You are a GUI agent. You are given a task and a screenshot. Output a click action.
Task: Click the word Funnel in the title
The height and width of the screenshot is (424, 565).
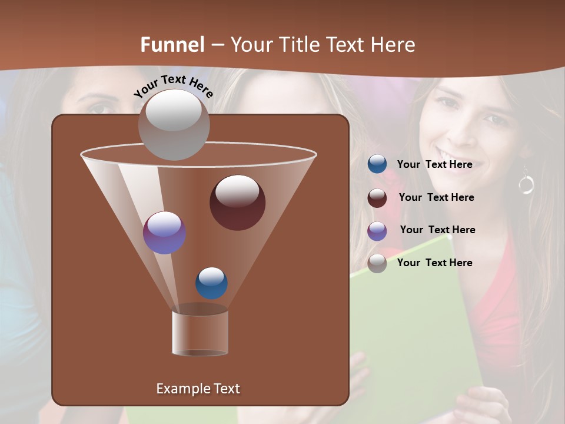tap(172, 44)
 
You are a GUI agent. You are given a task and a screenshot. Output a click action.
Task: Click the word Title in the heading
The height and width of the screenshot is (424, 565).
tap(298, 44)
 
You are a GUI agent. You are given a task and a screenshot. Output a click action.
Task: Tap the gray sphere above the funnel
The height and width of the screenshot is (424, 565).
tap(174, 125)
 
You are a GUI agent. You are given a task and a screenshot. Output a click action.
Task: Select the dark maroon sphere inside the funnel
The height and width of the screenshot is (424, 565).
tap(237, 202)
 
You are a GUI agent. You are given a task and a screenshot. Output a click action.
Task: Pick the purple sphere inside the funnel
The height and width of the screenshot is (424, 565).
tap(164, 233)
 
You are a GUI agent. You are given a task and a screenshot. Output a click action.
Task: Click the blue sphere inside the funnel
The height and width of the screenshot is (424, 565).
tap(211, 283)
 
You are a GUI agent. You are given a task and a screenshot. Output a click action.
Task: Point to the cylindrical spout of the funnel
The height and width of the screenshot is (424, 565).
tap(200, 333)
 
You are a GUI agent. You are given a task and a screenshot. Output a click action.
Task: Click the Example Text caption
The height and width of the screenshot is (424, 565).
tap(198, 389)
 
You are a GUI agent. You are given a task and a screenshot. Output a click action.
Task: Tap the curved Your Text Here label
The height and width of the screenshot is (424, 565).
tap(174, 86)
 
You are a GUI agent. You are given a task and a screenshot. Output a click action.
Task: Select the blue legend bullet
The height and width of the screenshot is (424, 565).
tap(377, 164)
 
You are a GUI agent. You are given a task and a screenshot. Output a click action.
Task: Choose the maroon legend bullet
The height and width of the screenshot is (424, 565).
tap(377, 198)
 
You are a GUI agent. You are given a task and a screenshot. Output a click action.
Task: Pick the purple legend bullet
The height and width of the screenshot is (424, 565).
tap(377, 231)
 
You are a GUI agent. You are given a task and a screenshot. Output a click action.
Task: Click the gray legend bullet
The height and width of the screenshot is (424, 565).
tap(377, 263)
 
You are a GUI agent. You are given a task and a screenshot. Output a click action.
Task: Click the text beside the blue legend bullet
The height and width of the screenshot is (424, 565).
tap(434, 164)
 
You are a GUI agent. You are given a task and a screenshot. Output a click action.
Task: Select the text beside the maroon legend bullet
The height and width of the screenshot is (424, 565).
tap(436, 197)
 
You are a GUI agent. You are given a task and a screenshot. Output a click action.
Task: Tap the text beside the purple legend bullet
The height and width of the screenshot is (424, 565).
tap(437, 230)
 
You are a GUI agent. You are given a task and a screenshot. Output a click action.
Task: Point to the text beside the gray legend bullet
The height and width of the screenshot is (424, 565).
tap(434, 263)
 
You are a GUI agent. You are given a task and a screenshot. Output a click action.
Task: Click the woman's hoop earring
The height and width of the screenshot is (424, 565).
tap(526, 184)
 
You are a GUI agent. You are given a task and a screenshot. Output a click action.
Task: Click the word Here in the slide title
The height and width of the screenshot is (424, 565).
tap(391, 44)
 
